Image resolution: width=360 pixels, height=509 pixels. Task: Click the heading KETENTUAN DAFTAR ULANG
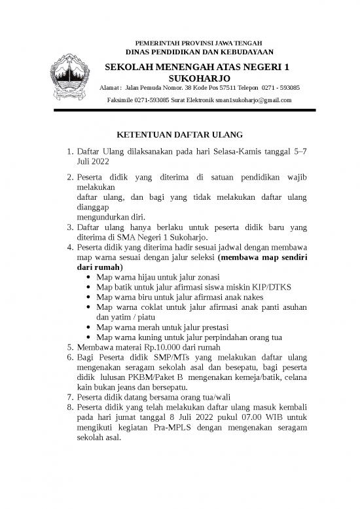click(179, 136)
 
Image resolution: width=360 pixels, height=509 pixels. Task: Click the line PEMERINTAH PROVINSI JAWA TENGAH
click(200, 43)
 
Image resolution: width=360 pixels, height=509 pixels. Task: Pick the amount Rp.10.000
click(159, 347)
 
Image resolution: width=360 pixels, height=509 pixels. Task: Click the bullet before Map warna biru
click(88, 297)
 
